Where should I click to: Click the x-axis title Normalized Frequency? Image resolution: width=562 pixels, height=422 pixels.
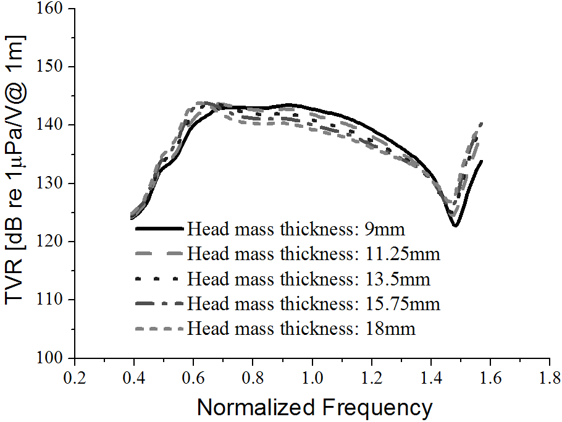pyautogui.click(x=314, y=407)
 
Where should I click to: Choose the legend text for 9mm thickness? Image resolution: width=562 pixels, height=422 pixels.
pyautogui.click(x=296, y=229)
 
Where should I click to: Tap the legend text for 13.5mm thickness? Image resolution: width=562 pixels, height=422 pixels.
pyautogui.click(x=309, y=279)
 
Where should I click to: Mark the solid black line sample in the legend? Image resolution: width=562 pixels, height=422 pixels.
pyautogui.click(x=159, y=229)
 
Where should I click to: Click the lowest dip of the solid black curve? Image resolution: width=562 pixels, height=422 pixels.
pyautogui.click(x=455, y=226)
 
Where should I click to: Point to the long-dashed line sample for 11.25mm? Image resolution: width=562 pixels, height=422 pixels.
pyautogui.click(x=159, y=253)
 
